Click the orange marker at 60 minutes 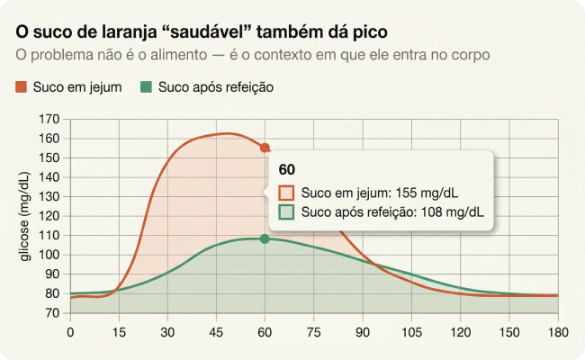(265, 148)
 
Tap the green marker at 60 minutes (265, 238)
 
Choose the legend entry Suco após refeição (206, 87)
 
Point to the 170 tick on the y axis (49, 119)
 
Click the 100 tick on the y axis (49, 255)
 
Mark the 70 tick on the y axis (53, 313)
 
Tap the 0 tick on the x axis (70, 330)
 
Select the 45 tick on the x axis (216, 330)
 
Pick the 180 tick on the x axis (557, 330)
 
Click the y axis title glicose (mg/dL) (24, 216)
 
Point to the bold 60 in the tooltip (287, 170)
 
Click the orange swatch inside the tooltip (287, 193)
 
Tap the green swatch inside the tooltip (287, 212)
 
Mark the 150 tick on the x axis (508, 330)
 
